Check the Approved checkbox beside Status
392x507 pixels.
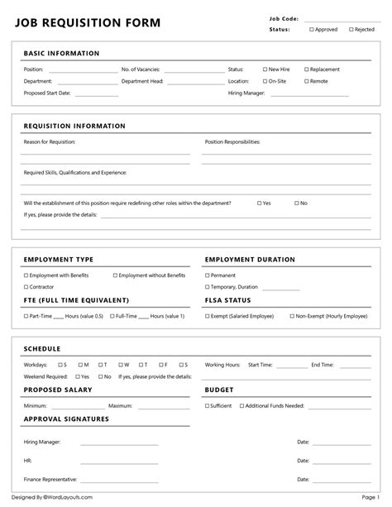tap(312, 29)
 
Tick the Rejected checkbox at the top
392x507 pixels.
tap(351, 29)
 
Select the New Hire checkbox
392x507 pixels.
tap(265, 69)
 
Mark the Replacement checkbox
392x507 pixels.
tap(306, 69)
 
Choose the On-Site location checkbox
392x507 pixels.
tap(265, 81)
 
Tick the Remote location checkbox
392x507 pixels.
tap(306, 81)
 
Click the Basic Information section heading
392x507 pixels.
tap(61, 54)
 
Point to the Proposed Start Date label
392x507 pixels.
tap(47, 93)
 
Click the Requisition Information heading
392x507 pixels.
tap(74, 126)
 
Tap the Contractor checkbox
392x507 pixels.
tap(26, 286)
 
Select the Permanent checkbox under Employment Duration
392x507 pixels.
tap(208, 275)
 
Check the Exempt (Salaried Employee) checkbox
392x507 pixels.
tap(208, 315)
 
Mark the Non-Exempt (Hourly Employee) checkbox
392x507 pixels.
tap(291, 315)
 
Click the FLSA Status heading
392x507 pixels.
tap(227, 300)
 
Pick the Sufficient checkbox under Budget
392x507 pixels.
tap(208, 405)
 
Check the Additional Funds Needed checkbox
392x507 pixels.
tap(241, 405)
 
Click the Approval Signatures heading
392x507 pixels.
tap(66, 419)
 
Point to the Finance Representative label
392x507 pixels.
tap(50, 479)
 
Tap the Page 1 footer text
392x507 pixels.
tap(370, 497)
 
